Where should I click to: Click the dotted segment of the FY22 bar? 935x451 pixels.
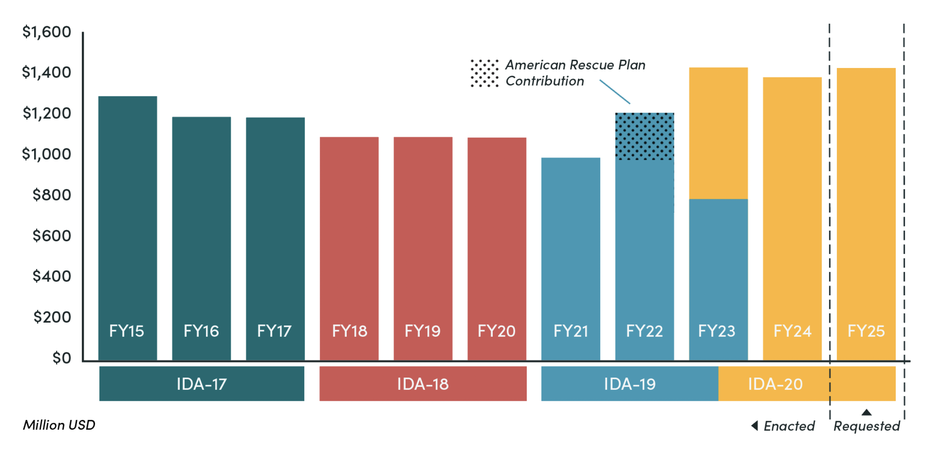(644, 136)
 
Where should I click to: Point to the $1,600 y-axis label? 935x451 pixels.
(46, 32)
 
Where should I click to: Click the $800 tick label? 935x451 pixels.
(51, 195)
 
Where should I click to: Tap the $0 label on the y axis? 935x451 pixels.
(61, 358)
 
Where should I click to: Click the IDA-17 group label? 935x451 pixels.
(201, 384)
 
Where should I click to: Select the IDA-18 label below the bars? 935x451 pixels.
(423, 384)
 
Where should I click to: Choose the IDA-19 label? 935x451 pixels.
(629, 384)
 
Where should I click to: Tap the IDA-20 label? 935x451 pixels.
(775, 384)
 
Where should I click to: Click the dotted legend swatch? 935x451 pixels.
(484, 73)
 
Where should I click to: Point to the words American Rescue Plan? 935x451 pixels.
(575, 65)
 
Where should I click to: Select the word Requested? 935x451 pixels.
(866, 426)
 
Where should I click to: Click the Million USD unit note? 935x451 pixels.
(59, 425)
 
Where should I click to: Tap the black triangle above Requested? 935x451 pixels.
(866, 412)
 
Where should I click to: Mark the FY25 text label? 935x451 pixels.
(866, 331)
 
